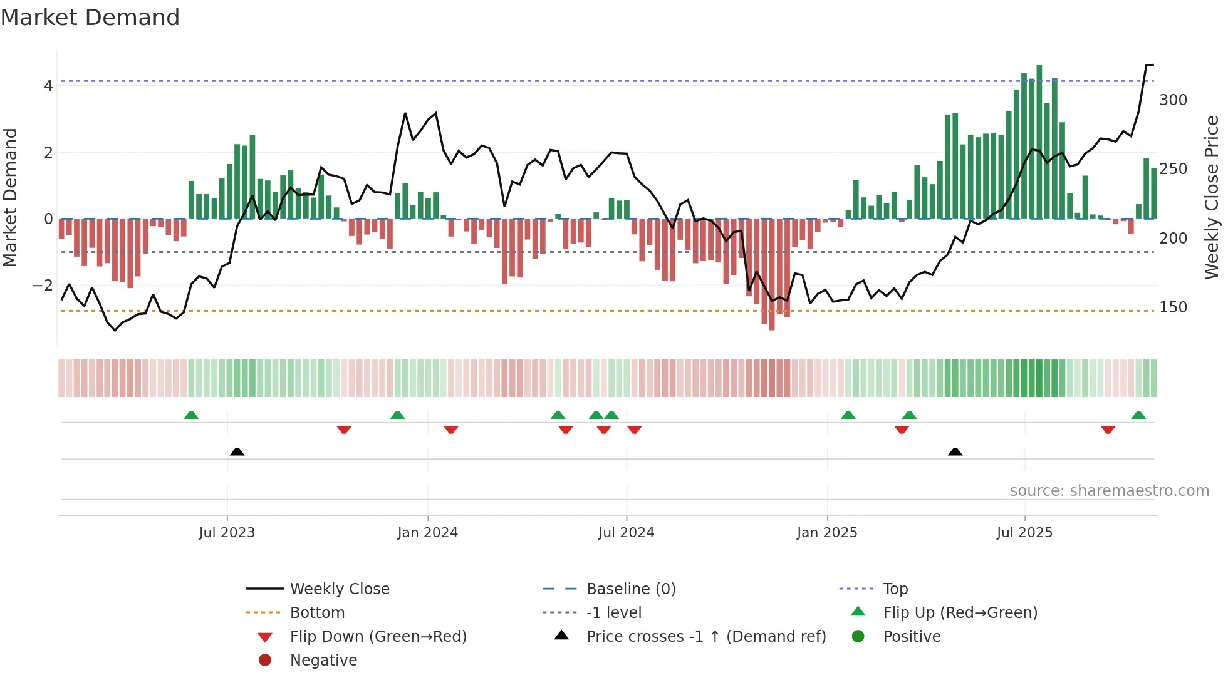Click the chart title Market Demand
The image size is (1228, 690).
(90, 18)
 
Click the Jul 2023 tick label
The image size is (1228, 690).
(227, 533)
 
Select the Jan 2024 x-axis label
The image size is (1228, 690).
(427, 533)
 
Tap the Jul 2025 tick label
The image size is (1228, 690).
(1024, 533)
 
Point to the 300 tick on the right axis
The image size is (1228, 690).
(1173, 100)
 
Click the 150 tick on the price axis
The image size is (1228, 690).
(1173, 307)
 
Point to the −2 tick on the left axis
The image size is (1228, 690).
(43, 286)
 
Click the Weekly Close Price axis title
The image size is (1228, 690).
(1212, 197)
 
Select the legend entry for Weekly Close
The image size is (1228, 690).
(339, 589)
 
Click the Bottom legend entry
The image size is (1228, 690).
(317, 613)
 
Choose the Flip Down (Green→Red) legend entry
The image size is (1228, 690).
(378, 637)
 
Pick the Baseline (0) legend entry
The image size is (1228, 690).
(630, 589)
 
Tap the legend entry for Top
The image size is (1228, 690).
(895, 589)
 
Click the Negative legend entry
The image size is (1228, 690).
(323, 661)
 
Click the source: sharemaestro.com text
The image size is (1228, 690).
(1109, 491)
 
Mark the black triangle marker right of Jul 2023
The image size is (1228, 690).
(237, 451)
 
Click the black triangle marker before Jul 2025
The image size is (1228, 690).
(955, 451)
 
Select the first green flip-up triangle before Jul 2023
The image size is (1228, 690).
(191, 415)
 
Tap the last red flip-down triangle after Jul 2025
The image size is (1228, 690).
(1108, 430)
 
